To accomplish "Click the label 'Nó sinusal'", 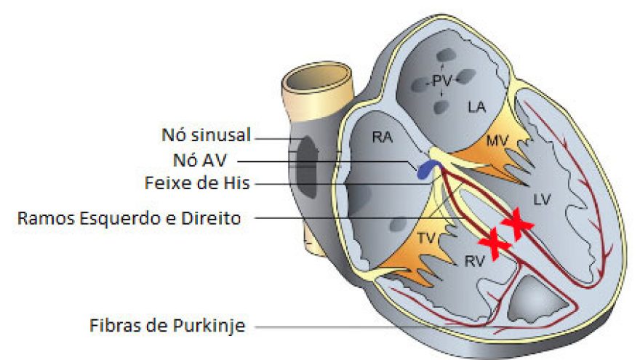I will coord(206,135).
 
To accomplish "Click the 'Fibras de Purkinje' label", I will coord(168,324).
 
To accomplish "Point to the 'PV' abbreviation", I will coord(441,81).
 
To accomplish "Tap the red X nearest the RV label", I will coord(492,244).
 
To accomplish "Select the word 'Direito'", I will coord(214,217).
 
